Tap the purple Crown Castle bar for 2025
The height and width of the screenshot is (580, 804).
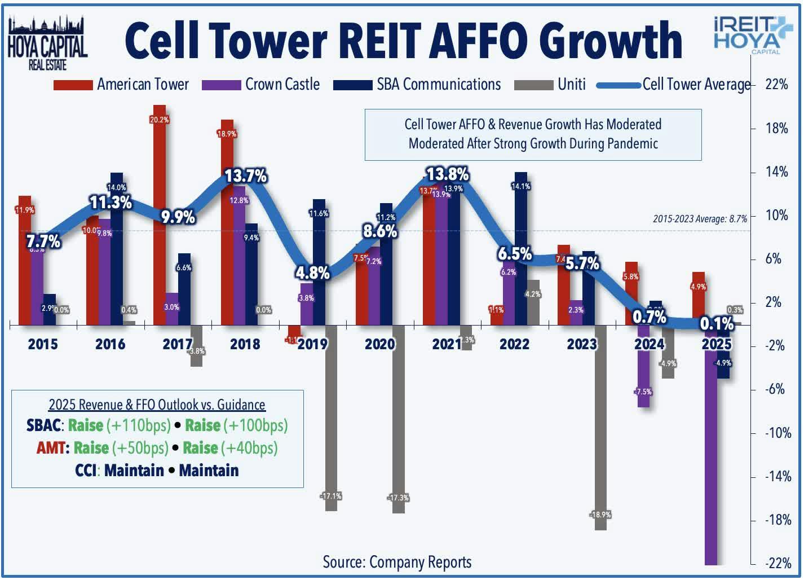coord(711,451)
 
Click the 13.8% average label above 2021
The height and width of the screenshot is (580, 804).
coord(448,174)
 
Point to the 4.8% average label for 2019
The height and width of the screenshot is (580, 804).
coord(312,273)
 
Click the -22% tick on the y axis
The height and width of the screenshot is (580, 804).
coord(776,563)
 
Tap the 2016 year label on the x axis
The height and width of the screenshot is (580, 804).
coord(110,344)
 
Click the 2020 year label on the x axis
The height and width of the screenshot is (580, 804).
coord(379,344)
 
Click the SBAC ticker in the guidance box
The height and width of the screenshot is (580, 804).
coord(43,425)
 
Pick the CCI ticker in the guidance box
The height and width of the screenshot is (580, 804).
coord(86,471)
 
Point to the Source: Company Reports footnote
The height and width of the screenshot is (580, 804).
coord(397,562)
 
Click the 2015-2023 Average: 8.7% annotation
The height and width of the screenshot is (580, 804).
coord(700,219)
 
